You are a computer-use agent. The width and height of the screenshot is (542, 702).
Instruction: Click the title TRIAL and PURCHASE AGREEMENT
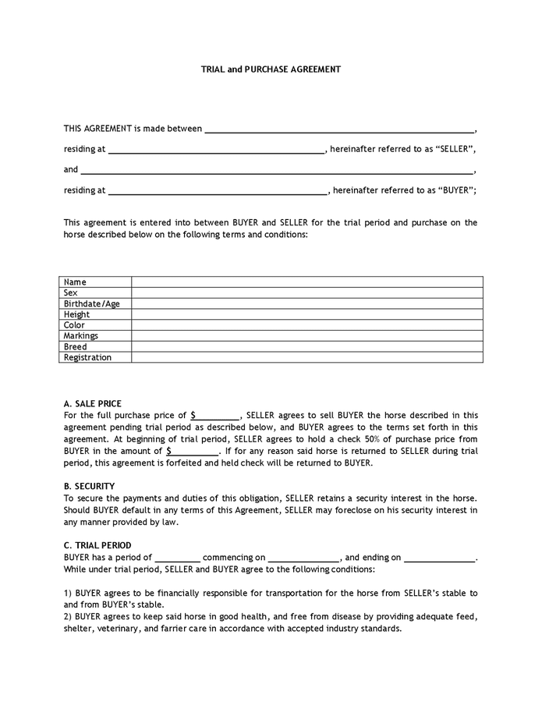[x=271, y=69]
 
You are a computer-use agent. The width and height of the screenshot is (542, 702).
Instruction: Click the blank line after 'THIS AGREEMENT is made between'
[x=338, y=129]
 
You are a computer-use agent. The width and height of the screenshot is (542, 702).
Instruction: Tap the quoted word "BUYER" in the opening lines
[x=455, y=190]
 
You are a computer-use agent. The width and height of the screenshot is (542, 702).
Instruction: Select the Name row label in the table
[x=75, y=282]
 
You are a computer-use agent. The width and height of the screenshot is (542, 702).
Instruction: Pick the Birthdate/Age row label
[x=92, y=303]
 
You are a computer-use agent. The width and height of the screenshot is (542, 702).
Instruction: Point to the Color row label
[x=75, y=325]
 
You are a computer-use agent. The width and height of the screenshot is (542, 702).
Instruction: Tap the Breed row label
[x=76, y=347]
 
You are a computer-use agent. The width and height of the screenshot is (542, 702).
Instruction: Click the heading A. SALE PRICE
[x=93, y=403]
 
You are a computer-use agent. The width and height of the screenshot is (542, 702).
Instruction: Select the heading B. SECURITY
[x=89, y=485]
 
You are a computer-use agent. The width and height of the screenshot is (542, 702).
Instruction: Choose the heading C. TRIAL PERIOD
[x=97, y=545]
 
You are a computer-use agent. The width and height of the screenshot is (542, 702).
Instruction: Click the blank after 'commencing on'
[x=303, y=558]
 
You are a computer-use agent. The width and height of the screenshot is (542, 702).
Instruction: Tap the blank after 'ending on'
[x=440, y=558]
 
